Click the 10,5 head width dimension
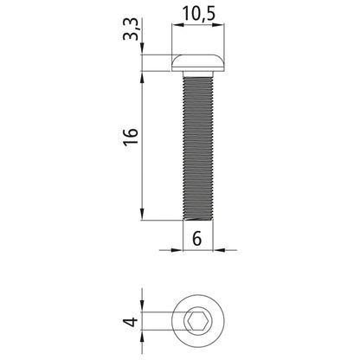click(199, 14)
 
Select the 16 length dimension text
click(132, 136)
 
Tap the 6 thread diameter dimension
click(197, 239)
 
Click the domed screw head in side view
click(198, 62)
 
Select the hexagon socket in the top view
click(196, 320)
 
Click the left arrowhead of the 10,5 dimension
click(177, 25)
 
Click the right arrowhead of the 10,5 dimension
click(219, 25)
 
